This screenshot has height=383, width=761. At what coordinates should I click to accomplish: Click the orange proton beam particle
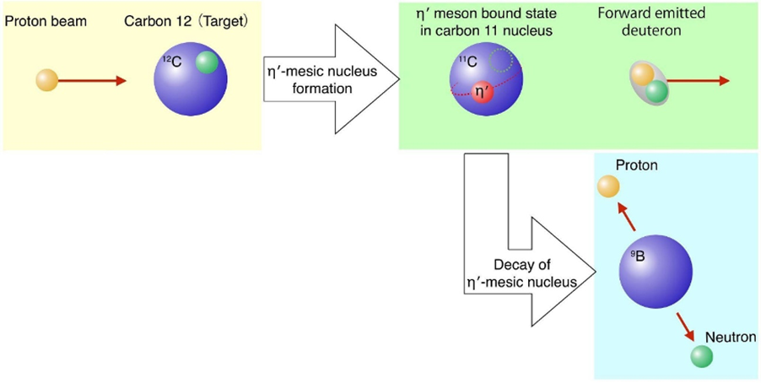coord(46,81)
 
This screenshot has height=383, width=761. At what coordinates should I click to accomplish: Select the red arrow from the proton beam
coord(94,81)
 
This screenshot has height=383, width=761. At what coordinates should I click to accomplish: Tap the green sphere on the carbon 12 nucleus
coord(207,62)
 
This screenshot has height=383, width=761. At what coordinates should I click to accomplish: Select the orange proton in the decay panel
coord(607,188)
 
